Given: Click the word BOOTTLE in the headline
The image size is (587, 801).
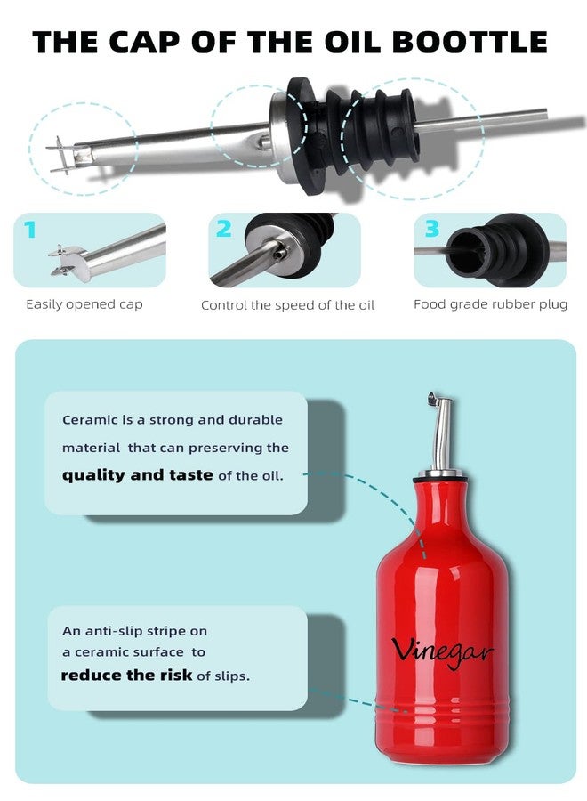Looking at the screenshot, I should (x=476, y=41).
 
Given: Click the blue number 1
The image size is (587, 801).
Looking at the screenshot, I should (x=31, y=231).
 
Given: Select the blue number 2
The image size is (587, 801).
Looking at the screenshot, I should (x=224, y=230).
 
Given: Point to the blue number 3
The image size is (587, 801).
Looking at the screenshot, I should (x=431, y=230).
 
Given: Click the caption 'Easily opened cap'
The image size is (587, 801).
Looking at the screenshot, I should (x=84, y=304).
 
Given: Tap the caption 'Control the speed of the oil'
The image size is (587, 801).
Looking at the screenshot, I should (x=287, y=305).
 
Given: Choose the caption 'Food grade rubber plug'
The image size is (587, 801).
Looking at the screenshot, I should (x=490, y=304).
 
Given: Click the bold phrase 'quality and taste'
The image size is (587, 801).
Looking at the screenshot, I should (x=137, y=475).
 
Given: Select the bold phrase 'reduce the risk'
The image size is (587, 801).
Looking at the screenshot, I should (x=126, y=676).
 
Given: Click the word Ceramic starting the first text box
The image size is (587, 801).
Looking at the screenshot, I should (x=87, y=420).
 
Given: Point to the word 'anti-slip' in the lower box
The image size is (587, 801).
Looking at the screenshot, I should (x=110, y=631).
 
